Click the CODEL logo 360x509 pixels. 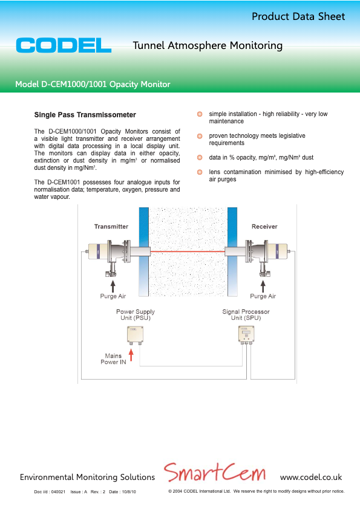pyautogui.click(x=64, y=45)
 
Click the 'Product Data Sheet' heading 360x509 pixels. pyautogui.click(x=298, y=16)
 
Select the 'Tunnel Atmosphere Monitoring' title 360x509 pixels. pyautogui.click(x=207, y=45)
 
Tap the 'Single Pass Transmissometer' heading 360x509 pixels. pyautogui.click(x=85, y=115)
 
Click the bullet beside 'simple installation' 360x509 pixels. pyautogui.click(x=199, y=114)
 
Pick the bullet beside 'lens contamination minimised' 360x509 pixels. pyautogui.click(x=199, y=172)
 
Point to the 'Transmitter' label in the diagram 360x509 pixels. pyautogui.click(x=111, y=227)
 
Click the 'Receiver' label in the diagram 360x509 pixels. pyautogui.click(x=264, y=227)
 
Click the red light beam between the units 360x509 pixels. pyautogui.click(x=188, y=251)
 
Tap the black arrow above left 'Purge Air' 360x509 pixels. pyautogui.click(x=112, y=285)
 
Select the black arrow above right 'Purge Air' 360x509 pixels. pyautogui.click(x=263, y=285)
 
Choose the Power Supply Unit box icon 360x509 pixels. pyautogui.click(x=135, y=334)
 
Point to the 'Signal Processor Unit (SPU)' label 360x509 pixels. pyautogui.click(x=246, y=315)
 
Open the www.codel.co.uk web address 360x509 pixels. pyautogui.click(x=311, y=477)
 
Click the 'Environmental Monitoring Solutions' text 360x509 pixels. pyautogui.click(x=87, y=477)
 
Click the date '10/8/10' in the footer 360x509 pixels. pyautogui.click(x=128, y=492)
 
